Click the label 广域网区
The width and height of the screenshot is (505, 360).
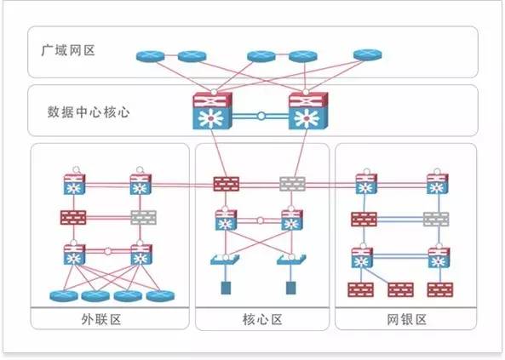point(68,50)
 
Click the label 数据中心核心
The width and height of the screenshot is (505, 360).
point(89,112)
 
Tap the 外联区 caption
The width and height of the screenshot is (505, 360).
point(101,319)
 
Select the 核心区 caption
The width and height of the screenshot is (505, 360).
point(262,319)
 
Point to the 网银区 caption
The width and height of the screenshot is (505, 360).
point(406,319)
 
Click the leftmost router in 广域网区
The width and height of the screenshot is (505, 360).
point(150,56)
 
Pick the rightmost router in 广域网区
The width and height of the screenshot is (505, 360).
point(368,54)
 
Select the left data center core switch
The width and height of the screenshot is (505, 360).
point(212,111)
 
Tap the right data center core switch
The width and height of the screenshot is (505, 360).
point(308,111)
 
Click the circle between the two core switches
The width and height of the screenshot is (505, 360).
point(261,116)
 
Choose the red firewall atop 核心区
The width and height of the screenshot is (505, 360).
point(226,184)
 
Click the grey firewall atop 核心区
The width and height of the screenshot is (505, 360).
point(292,184)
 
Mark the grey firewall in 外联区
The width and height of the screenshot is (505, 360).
point(144,218)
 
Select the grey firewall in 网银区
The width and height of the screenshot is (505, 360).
point(436,220)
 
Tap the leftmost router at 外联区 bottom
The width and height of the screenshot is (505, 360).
point(64,296)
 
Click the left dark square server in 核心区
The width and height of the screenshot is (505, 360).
point(226,288)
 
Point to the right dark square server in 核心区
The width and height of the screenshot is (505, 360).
point(291,288)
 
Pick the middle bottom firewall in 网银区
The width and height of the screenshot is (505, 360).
point(400,290)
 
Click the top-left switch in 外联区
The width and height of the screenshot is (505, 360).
point(75,184)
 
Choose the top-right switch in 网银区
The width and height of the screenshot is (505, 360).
point(438,184)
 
